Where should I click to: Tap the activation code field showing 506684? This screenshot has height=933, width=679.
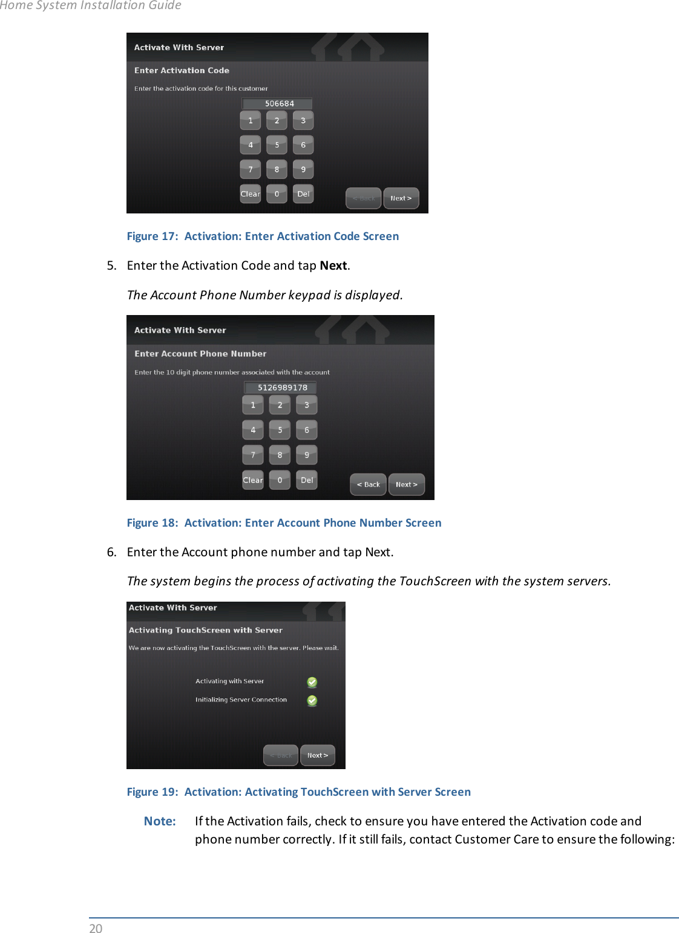click(278, 103)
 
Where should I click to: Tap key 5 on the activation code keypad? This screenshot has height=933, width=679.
click(277, 145)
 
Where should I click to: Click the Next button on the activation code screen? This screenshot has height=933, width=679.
click(401, 198)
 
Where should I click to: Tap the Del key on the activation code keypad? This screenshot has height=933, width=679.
click(303, 194)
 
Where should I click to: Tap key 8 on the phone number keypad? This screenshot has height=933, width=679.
click(280, 455)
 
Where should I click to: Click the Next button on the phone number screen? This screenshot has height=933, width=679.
click(406, 484)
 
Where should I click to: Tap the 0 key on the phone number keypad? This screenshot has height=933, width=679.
click(280, 480)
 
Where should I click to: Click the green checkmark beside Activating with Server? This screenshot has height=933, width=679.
click(312, 682)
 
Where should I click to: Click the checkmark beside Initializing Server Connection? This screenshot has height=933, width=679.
click(312, 701)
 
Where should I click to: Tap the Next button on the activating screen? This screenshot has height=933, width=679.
click(318, 755)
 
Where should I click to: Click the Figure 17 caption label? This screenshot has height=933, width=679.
click(263, 236)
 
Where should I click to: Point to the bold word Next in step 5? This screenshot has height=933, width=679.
click(333, 265)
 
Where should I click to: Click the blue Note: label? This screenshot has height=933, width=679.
click(160, 821)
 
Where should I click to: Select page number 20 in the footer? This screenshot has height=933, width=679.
click(96, 928)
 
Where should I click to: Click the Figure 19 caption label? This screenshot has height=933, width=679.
click(298, 792)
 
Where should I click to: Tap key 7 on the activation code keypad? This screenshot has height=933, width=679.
click(251, 170)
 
